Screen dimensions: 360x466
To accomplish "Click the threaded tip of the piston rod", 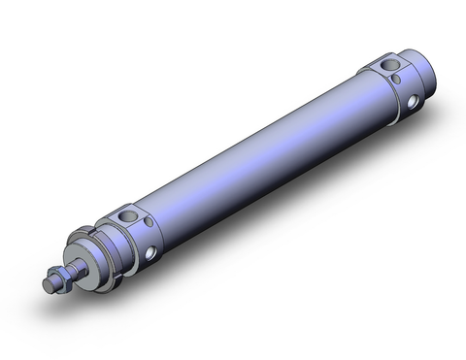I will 50,284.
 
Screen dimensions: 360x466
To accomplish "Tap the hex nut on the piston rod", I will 61,277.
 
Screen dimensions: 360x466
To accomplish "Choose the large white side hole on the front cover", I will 151,254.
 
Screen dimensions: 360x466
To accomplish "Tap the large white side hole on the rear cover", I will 418,99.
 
